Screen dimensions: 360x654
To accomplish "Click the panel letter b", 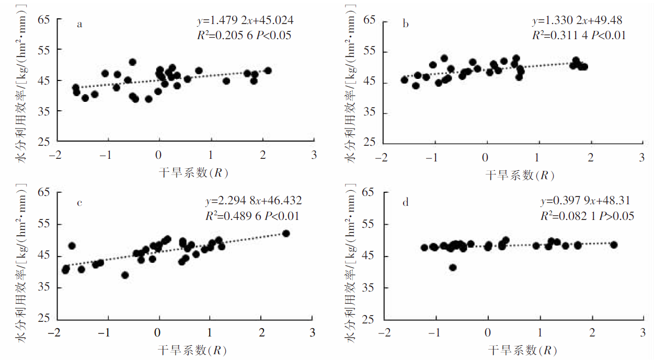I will point(406,24).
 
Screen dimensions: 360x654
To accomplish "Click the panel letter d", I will point(406,203).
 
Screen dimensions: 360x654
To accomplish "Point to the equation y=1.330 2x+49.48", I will point(577,21).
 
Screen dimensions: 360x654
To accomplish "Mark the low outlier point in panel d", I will point(453,268).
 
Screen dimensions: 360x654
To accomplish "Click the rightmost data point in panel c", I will point(286,234).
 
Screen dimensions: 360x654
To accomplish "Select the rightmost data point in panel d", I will point(614,245).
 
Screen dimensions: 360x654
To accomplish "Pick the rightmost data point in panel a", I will point(268,71).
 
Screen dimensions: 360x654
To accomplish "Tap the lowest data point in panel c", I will point(125,275).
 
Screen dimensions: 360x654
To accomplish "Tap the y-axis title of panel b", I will point(352,84).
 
